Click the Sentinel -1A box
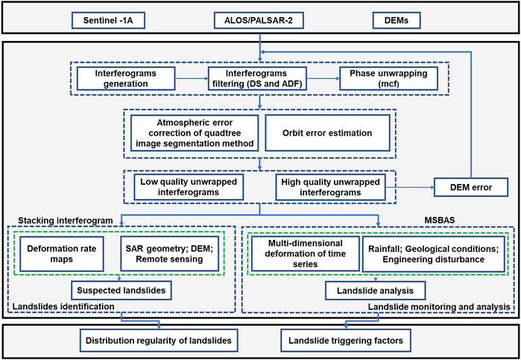(109, 21)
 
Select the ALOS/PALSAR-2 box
(259, 21)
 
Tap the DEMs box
(397, 21)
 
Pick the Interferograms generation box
(126, 78)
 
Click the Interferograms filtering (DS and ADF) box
(257, 78)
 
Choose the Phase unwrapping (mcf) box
(388, 78)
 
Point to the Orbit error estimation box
(327, 133)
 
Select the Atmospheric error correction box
(195, 133)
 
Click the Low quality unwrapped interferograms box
(189, 187)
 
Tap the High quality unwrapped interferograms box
(330, 187)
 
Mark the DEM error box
(471, 187)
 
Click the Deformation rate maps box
(61, 253)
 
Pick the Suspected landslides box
(121, 291)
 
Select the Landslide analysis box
(375, 291)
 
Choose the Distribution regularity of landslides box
(158, 341)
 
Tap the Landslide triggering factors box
(346, 341)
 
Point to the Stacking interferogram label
(66, 221)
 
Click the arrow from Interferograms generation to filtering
(192, 78)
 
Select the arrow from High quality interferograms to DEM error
(410, 187)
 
